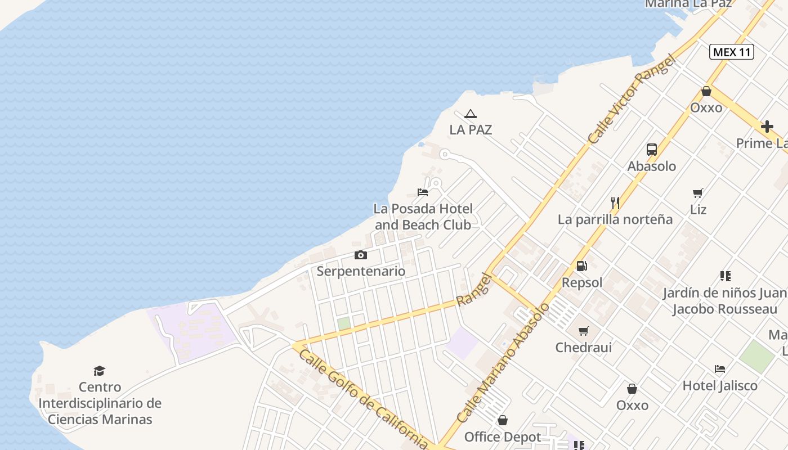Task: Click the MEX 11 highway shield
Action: tap(731, 52)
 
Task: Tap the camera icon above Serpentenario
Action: tap(361, 255)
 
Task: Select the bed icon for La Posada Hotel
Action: tap(423, 192)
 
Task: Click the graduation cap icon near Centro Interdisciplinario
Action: tap(100, 371)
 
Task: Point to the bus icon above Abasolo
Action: tap(652, 150)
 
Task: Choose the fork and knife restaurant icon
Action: tap(615, 202)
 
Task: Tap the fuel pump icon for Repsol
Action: tap(582, 266)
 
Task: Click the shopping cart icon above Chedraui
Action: tap(584, 331)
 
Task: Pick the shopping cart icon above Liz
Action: tap(698, 193)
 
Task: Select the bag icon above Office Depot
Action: tap(503, 420)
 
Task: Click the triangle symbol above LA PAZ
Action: tap(471, 114)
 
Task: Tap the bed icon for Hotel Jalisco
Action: tap(720, 369)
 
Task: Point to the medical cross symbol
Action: tap(767, 127)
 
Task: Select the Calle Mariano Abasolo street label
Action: tap(503, 363)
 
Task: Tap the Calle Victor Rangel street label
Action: tap(630, 99)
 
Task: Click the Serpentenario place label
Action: tap(361, 271)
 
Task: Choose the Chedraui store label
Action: tap(584, 347)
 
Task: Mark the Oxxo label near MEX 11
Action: tap(706, 107)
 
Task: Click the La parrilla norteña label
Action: tap(615, 219)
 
